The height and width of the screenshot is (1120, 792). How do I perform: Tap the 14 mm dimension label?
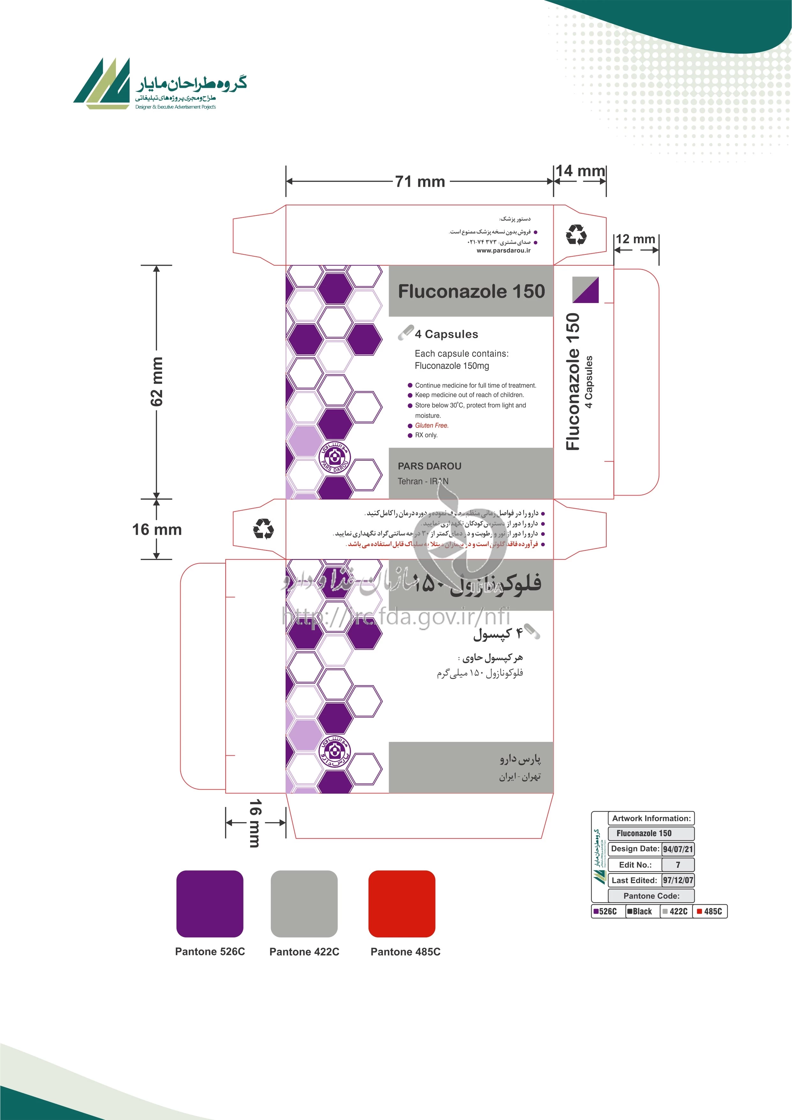(580, 171)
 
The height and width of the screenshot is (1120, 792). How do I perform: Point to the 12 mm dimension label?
(635, 239)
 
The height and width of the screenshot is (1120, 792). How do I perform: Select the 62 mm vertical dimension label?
(157, 382)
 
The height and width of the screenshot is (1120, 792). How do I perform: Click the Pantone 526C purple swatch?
(210, 904)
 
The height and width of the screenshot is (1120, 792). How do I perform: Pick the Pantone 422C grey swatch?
(304, 904)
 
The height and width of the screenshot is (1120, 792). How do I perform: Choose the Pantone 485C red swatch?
(401, 904)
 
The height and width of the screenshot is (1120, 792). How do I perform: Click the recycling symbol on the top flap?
(576, 235)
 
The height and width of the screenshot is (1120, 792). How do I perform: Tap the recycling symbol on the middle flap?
(263, 529)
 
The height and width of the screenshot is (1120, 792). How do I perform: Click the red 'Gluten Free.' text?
(432, 425)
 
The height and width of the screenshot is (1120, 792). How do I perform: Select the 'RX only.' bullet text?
(426, 435)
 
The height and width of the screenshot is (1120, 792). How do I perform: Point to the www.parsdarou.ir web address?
(503, 251)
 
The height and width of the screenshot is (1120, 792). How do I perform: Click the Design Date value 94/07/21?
(678, 849)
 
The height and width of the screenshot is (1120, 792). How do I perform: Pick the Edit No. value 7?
(678, 865)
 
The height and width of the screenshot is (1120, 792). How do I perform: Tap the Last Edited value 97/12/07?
(678, 881)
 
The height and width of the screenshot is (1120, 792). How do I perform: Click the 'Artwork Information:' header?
(651, 819)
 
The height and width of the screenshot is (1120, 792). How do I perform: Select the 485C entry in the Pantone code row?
(710, 911)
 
